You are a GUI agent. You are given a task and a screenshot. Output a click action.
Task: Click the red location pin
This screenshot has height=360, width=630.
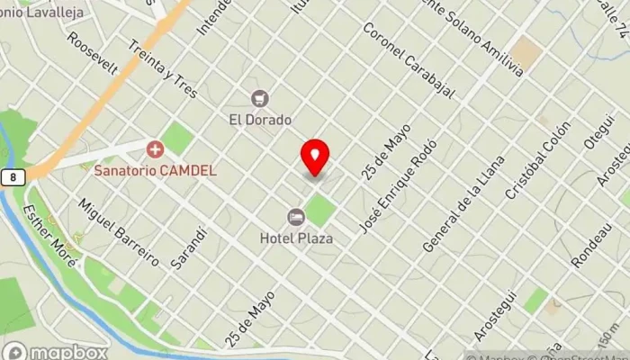tap(315, 157)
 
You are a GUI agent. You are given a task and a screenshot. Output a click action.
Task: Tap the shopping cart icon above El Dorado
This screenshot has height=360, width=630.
tap(260, 98)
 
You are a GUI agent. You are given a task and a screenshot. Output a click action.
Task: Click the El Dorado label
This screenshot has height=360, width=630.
tap(260, 118)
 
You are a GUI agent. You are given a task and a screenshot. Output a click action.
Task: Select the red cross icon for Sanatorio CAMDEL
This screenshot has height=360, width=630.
tap(155, 148)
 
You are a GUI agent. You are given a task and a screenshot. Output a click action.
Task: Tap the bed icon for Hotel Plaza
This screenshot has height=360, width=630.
tap(295, 217)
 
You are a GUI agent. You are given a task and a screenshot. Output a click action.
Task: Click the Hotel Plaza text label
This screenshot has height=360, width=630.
tap(296, 238)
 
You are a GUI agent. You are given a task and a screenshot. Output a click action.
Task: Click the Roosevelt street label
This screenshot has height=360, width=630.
tap(93, 55)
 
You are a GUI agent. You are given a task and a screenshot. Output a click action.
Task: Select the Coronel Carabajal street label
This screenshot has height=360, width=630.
tap(406, 58)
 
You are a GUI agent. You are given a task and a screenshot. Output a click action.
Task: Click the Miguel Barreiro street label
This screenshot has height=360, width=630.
tap(120, 233)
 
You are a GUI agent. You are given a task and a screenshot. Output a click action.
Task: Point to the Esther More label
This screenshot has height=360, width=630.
tap(50, 231)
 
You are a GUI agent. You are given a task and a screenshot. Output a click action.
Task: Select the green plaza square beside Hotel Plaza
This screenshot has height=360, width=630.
tap(319, 211)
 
